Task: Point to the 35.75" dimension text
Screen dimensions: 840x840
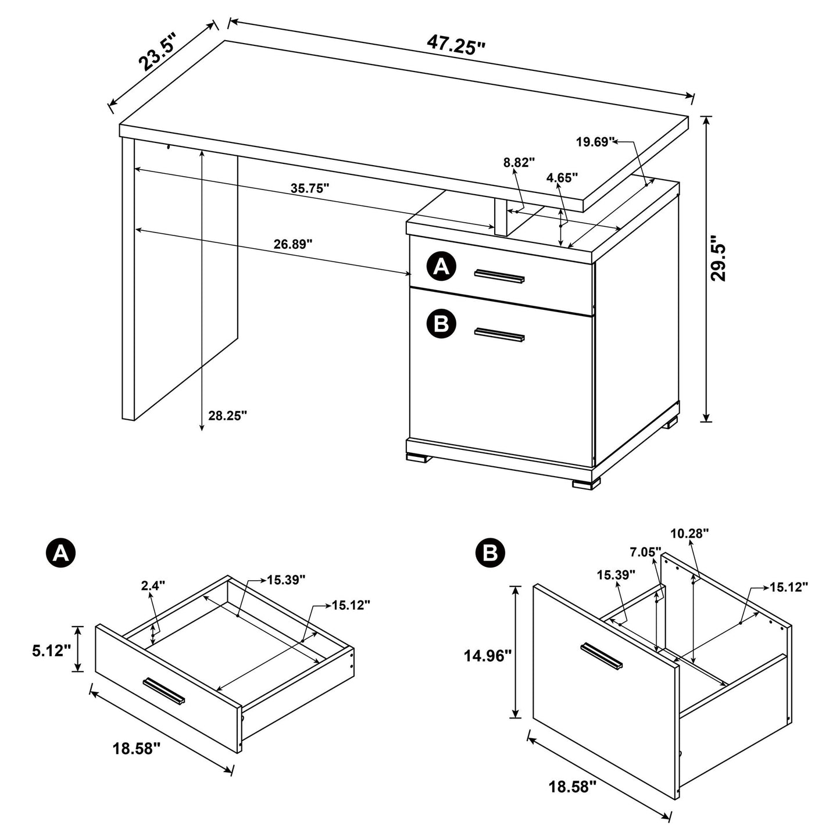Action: pyautogui.click(x=310, y=188)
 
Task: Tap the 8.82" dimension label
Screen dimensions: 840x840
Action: pyautogui.click(x=519, y=163)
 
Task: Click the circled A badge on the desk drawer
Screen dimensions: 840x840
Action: pyautogui.click(x=441, y=267)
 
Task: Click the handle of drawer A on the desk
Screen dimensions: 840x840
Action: pyautogui.click(x=499, y=277)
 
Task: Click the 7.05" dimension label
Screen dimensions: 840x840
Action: pyautogui.click(x=644, y=552)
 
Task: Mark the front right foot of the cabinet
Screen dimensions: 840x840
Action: pyautogui.click(x=585, y=482)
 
